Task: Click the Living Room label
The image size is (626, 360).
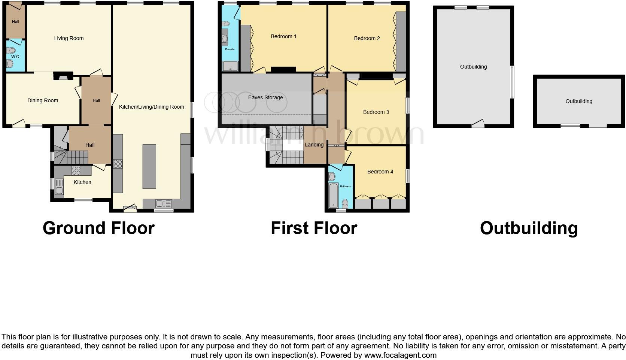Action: coord(69,38)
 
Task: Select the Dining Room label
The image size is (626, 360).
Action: coord(43,100)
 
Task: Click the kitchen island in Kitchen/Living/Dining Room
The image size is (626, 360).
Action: coord(149,166)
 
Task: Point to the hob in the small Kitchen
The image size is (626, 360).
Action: coord(76,170)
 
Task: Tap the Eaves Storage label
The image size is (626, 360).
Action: coord(265,97)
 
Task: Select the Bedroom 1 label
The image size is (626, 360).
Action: coord(283,36)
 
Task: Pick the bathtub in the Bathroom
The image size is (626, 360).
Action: coord(333,195)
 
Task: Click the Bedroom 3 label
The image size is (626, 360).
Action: coord(376,112)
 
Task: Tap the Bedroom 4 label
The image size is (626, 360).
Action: coord(380,172)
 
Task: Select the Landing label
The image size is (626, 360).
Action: coord(314,145)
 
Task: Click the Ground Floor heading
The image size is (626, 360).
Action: coord(98,228)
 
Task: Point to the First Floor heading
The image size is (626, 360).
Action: coord(314,228)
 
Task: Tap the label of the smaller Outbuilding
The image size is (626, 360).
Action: coord(578,101)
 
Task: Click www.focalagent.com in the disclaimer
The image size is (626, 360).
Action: coord(400,355)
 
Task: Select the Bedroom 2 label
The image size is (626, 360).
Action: coord(367,38)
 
